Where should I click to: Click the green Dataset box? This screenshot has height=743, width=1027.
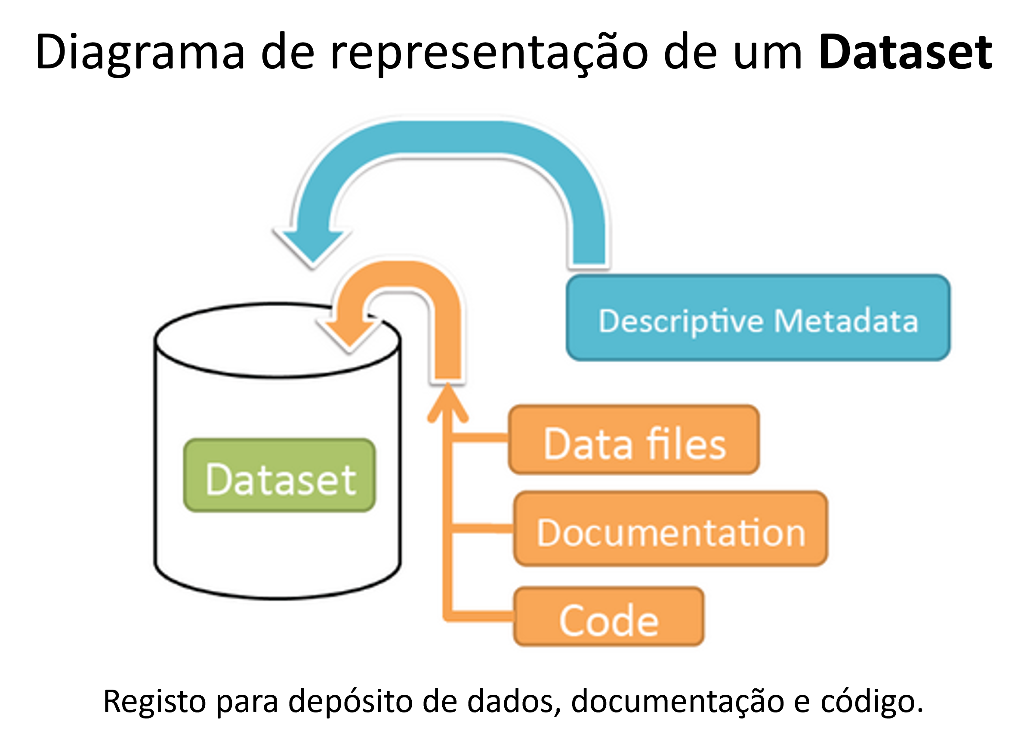pyautogui.click(x=279, y=475)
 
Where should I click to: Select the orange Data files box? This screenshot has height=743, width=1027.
pyautogui.click(x=633, y=440)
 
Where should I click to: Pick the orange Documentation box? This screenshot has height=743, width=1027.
pyautogui.click(x=671, y=528)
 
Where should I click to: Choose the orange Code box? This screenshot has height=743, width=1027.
pyautogui.click(x=609, y=616)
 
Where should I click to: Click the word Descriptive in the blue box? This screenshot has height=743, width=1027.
pyautogui.click(x=681, y=322)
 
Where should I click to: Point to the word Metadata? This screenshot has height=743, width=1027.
pyautogui.click(x=845, y=321)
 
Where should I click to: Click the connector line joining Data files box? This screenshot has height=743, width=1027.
pyautogui.click(x=480, y=438)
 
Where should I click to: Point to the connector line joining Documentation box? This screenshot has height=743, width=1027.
pyautogui.click(x=482, y=528)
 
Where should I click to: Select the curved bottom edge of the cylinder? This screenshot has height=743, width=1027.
pyautogui.click(x=278, y=597)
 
